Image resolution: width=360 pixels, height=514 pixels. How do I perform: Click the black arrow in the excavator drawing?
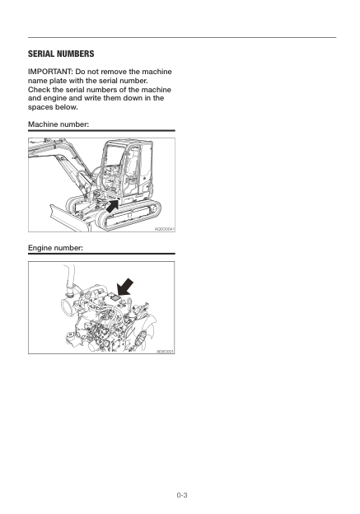coord(118,199)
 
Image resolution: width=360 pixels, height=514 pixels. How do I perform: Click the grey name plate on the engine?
coord(112,301)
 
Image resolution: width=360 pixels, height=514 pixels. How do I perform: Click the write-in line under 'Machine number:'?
coord(102,130)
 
